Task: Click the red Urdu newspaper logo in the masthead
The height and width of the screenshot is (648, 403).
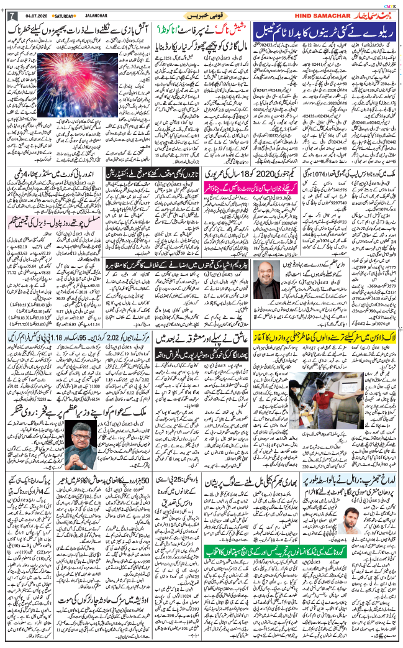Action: pyautogui.click(x=372, y=14)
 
